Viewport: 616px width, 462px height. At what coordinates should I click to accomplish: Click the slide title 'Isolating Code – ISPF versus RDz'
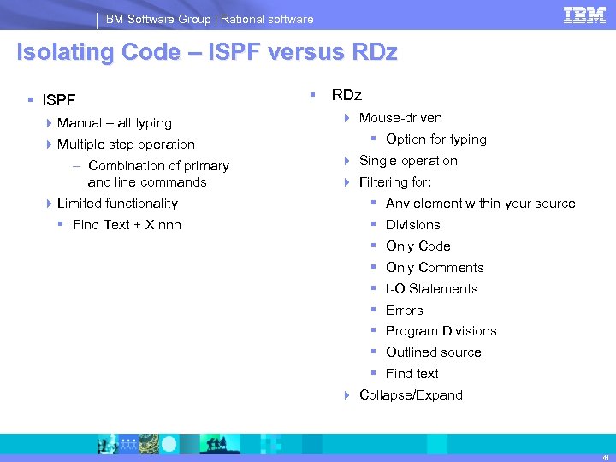coord(207,53)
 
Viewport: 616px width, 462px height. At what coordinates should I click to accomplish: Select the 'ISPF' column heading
coord(60,102)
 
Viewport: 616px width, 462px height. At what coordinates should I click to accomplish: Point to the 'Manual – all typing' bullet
coord(114,123)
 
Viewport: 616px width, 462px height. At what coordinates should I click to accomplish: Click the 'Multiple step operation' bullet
coord(126,145)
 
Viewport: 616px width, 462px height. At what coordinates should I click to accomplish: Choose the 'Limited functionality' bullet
coord(117,204)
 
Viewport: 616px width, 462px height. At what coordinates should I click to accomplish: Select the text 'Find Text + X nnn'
coord(127,225)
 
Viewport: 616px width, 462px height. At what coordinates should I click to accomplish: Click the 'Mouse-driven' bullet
coord(400,118)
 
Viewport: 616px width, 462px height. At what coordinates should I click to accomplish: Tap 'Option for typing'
coord(435,139)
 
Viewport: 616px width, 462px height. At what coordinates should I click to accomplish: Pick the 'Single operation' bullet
coord(408,161)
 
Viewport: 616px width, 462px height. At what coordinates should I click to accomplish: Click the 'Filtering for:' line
coord(394,182)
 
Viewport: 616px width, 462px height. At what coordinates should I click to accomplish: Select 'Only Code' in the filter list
coord(418,246)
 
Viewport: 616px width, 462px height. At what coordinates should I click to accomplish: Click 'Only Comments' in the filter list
coord(435,268)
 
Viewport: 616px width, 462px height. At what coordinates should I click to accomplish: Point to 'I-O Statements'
coord(431,289)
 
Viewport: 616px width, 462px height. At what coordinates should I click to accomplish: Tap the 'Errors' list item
coord(404,311)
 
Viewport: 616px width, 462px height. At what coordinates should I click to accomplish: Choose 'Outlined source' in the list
coord(433,352)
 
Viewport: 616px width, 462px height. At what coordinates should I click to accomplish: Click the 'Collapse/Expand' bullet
coord(411,395)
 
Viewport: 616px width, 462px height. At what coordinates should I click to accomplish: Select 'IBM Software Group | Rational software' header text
coord(209,19)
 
